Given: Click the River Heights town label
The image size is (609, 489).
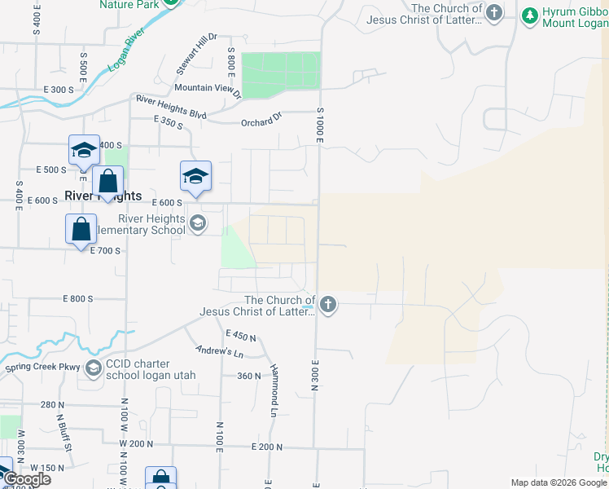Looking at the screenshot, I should coord(103,196).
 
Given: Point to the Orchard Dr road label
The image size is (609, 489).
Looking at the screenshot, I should coord(261,121).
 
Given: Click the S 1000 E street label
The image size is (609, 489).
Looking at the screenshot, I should coord(320,126).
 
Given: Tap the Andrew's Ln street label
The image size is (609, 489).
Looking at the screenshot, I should coord(220,351).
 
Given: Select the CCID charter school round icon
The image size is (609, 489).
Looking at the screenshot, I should coord(93,368).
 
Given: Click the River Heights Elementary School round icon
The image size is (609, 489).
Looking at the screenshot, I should coord(197,223).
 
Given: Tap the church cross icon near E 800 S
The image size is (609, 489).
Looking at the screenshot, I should coord(327,306).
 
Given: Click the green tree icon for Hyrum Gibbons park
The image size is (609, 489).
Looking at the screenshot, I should coord(529,15).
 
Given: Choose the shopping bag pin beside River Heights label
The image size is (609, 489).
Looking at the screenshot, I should coord(107,183).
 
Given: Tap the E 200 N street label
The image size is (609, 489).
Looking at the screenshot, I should coord(266,447).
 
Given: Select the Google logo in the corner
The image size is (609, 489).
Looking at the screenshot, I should coord(26,479).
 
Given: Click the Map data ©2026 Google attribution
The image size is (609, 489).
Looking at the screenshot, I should coord(559,482).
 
